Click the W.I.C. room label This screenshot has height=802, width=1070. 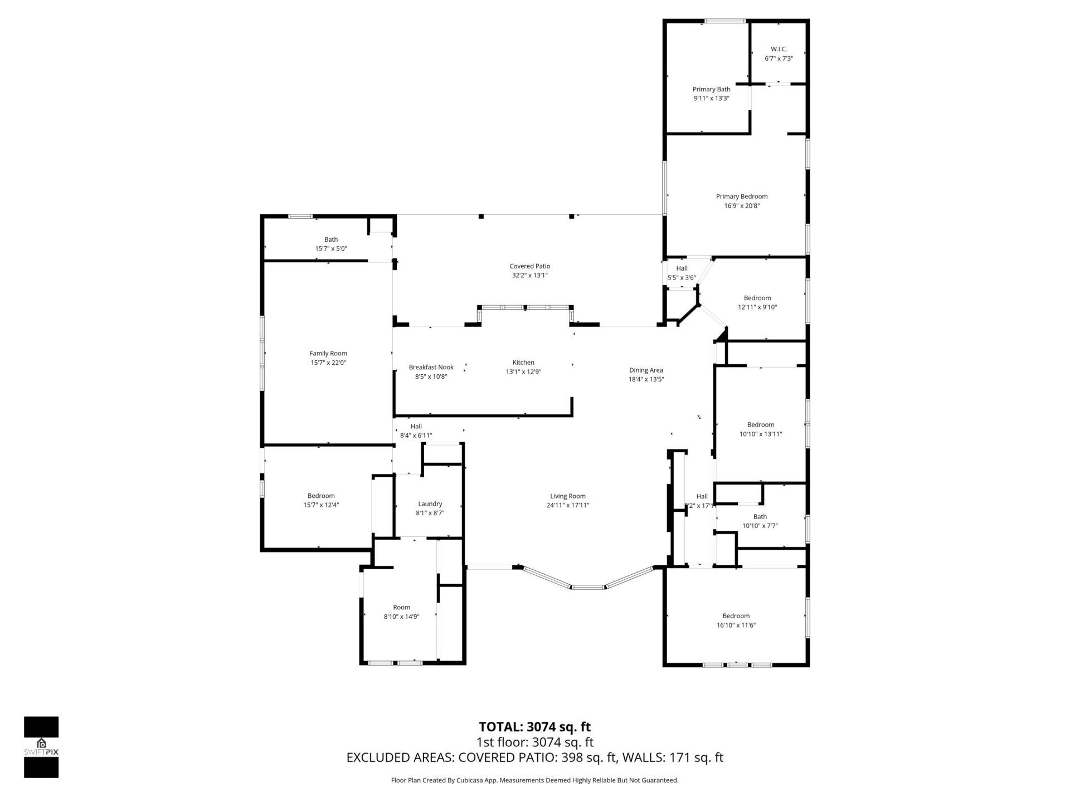click(x=779, y=49)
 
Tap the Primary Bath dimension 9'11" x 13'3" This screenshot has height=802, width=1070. click(x=711, y=98)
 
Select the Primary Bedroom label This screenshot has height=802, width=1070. click(x=741, y=196)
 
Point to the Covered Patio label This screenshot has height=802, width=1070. click(x=529, y=266)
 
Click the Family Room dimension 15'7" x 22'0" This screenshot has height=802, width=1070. click(x=328, y=363)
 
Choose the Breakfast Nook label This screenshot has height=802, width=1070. click(x=431, y=367)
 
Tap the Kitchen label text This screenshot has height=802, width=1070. click(x=523, y=363)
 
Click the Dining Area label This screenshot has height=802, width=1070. click(x=646, y=370)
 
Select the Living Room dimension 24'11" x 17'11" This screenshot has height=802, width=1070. click(x=567, y=505)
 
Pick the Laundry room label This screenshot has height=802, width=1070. click(x=430, y=503)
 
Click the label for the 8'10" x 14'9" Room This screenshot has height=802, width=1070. click(x=401, y=607)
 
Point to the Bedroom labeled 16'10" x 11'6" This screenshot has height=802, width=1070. click(x=736, y=615)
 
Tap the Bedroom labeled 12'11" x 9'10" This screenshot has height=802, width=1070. click(x=757, y=298)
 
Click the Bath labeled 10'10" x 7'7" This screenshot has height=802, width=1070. click(x=760, y=516)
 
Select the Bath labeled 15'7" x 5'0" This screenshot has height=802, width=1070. click(x=331, y=239)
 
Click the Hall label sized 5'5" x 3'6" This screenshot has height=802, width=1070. click(x=682, y=268)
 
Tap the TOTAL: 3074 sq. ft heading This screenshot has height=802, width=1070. click(x=534, y=727)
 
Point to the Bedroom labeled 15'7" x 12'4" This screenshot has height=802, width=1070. click(x=321, y=496)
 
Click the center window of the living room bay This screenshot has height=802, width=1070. click(x=588, y=586)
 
